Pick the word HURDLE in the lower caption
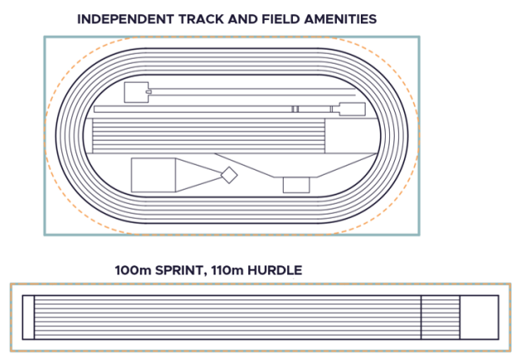(x=279, y=270)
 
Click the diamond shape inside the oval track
(x=228, y=175)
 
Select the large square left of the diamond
(x=153, y=175)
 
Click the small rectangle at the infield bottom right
(x=295, y=185)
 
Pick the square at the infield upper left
(x=134, y=92)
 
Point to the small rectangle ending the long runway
(x=351, y=109)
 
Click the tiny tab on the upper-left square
(x=148, y=92)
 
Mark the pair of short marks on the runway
(x=295, y=109)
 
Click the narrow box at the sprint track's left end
(x=28, y=317)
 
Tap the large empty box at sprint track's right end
(x=479, y=317)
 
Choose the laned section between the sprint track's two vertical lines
(x=440, y=317)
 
